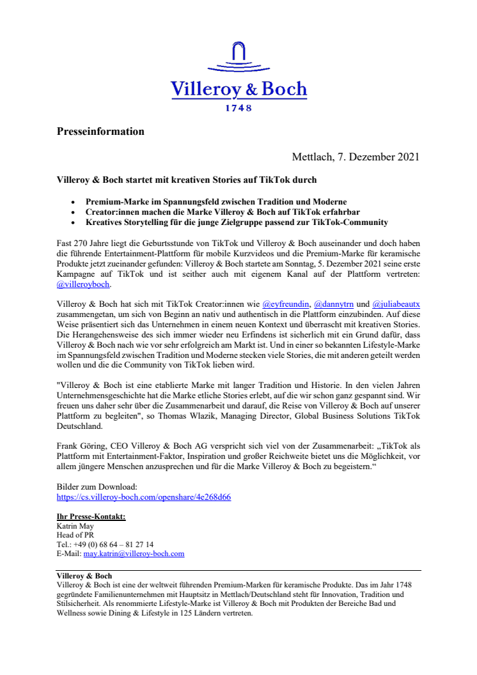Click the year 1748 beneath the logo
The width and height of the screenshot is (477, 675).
(x=238, y=109)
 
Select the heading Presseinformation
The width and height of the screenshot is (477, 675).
(x=100, y=132)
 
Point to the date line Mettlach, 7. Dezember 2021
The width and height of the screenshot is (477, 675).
(x=356, y=157)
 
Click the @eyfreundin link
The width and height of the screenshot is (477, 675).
(x=286, y=305)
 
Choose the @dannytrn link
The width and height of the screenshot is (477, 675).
(x=333, y=305)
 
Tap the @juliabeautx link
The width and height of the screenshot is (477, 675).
(x=396, y=305)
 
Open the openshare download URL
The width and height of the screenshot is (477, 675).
(x=144, y=497)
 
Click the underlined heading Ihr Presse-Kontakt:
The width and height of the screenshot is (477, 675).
(x=91, y=516)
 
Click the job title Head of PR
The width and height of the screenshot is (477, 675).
(x=75, y=535)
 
